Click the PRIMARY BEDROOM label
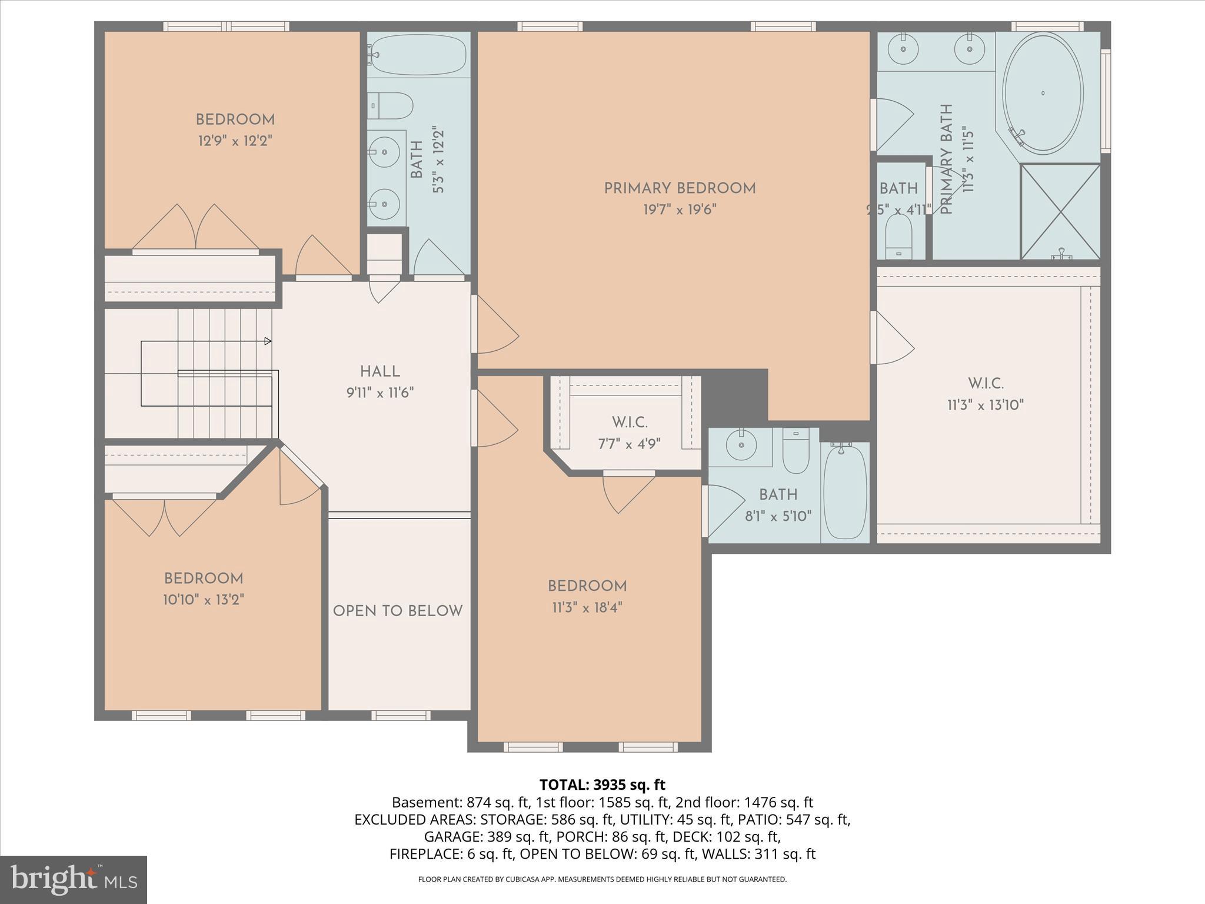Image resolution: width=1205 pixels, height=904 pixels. click(x=680, y=188)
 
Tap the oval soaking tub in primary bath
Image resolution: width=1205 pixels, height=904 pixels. click(x=1043, y=94)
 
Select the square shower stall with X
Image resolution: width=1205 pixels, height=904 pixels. click(x=1060, y=211)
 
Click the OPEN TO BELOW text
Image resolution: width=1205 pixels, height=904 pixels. click(x=398, y=611)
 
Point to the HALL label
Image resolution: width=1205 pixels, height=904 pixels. click(x=380, y=371)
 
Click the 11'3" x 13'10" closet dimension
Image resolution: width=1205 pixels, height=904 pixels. click(x=986, y=405)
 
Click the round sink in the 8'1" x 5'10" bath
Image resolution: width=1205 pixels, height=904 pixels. click(x=741, y=444)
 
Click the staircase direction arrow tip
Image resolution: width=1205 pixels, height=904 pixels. click(x=269, y=341)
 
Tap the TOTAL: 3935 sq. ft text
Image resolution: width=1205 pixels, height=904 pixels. click(x=602, y=785)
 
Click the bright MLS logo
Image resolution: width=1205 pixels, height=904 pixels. click(x=73, y=879)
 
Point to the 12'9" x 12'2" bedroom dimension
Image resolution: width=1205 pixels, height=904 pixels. click(x=235, y=141)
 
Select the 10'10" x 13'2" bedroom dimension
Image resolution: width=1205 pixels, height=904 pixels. click(x=204, y=600)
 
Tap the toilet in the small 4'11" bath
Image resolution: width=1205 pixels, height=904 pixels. click(x=898, y=235)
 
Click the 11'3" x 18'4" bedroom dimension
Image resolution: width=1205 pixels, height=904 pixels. click(x=587, y=607)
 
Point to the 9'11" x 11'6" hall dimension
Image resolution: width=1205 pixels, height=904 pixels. click(x=380, y=393)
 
